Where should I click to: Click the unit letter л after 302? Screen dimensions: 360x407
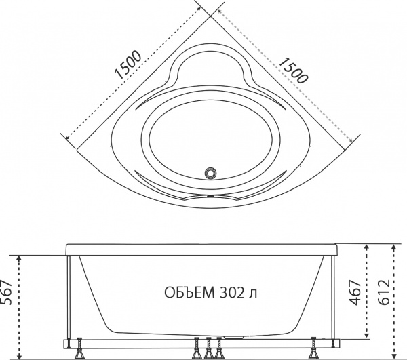click(x=253, y=294)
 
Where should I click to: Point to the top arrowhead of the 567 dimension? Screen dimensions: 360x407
click(x=21, y=258)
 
